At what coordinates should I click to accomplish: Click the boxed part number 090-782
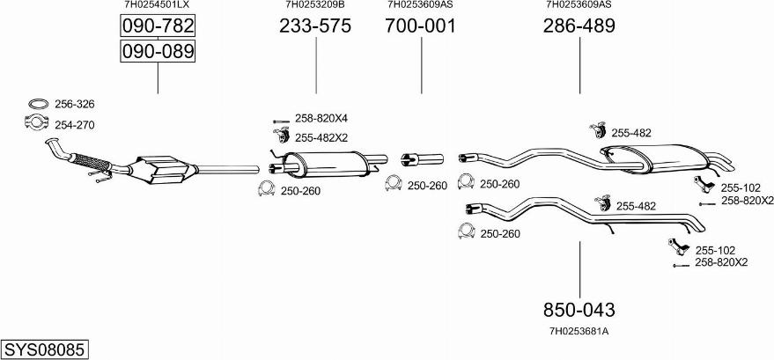pyautogui.click(x=157, y=26)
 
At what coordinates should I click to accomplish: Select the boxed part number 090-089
pyautogui.click(x=157, y=52)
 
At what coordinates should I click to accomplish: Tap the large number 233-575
pyautogui.click(x=315, y=26)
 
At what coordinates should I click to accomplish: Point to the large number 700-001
pyautogui.click(x=420, y=26)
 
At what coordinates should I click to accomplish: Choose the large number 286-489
pyautogui.click(x=579, y=26)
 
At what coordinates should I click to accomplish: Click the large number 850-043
pyautogui.click(x=579, y=310)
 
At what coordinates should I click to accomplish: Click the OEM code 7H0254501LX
pyautogui.click(x=157, y=4)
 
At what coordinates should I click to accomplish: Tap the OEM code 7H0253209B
pyautogui.click(x=315, y=4)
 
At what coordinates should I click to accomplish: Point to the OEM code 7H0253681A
pyautogui.click(x=579, y=331)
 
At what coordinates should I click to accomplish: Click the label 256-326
pyautogui.click(x=74, y=104)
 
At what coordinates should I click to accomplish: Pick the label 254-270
pyautogui.click(x=74, y=125)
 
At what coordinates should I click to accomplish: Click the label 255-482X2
pyautogui.click(x=321, y=137)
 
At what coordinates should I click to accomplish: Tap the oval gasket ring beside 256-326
pyautogui.click(x=37, y=104)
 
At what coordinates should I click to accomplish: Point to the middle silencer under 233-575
pyautogui.click(x=327, y=162)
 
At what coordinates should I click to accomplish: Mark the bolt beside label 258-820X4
pyautogui.click(x=281, y=119)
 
